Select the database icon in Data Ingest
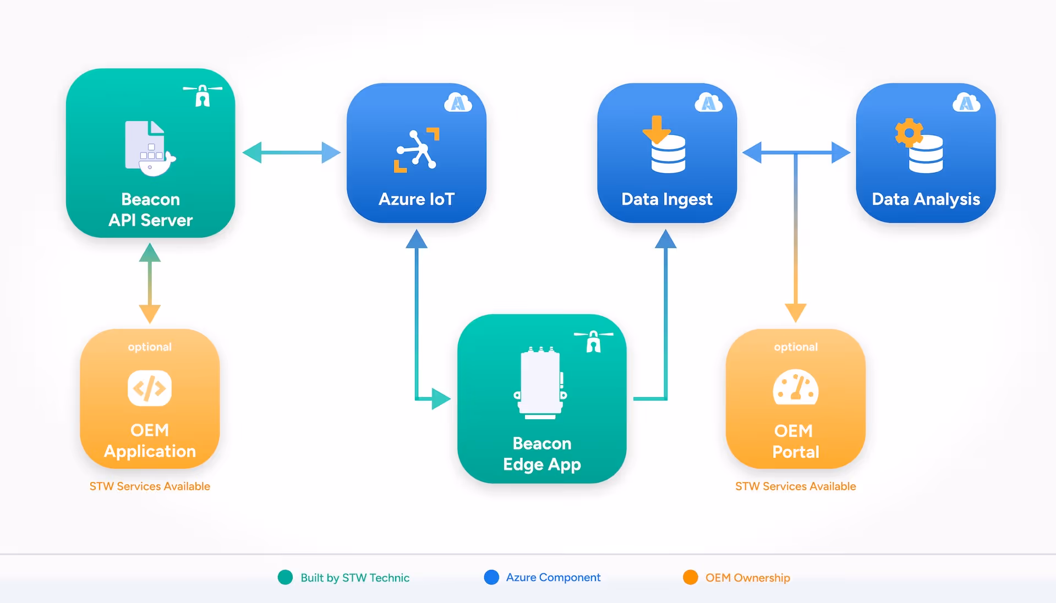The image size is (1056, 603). [x=668, y=154]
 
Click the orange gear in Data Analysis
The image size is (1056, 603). [x=909, y=133]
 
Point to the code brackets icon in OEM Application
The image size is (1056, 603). [x=150, y=388]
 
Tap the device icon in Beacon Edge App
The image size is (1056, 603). [x=541, y=383]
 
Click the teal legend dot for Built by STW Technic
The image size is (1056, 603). [x=285, y=577]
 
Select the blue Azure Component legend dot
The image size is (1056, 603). [x=491, y=577]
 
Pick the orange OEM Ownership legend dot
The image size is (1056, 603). [x=690, y=577]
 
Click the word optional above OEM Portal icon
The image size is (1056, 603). [x=796, y=347]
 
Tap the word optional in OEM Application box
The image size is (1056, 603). [x=150, y=347]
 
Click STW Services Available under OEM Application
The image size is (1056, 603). [x=150, y=486]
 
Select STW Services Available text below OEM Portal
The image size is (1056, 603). [x=796, y=486]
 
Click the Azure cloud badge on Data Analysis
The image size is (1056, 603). [x=966, y=103]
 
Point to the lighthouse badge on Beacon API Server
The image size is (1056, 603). [x=203, y=95]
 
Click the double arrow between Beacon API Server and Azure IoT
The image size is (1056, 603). [x=292, y=152]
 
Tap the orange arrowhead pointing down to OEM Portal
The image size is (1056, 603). [x=796, y=312]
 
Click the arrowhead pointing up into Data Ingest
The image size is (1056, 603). [x=666, y=239]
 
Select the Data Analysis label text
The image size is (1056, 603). [x=926, y=199]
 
